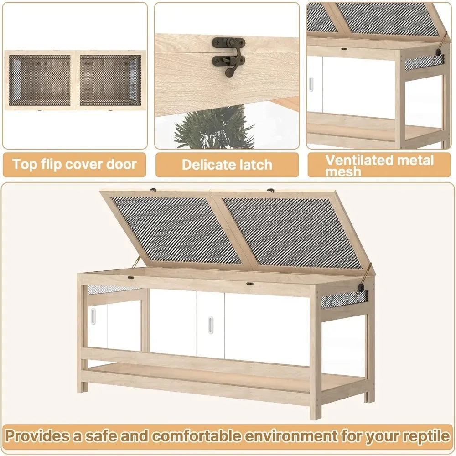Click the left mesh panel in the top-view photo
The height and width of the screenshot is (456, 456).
pyautogui.click(x=41, y=80)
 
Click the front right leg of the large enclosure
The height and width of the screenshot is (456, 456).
pyautogui.click(x=315, y=392)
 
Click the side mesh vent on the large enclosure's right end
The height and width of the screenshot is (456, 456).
pyautogui.click(x=343, y=300)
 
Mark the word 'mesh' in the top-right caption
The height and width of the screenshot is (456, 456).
pyautogui.click(x=343, y=172)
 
